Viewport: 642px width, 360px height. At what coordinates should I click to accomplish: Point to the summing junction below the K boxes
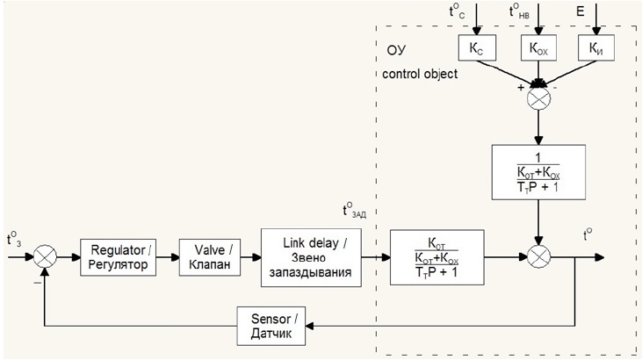[x=538, y=99]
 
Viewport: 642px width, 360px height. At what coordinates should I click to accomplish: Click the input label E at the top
[x=579, y=11]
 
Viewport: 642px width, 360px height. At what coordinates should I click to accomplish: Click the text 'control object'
[x=421, y=74]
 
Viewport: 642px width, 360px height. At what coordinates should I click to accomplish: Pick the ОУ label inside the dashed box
[x=394, y=47]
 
